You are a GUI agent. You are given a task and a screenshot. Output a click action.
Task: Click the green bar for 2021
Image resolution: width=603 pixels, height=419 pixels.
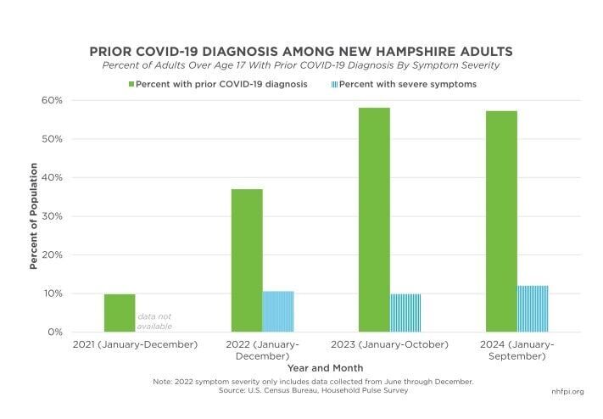pyautogui.click(x=120, y=313)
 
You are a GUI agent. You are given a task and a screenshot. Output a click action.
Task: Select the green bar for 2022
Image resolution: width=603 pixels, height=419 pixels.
pyautogui.click(x=246, y=260)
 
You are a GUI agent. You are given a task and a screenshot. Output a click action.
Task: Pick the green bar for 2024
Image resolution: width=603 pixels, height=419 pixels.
pyautogui.click(x=501, y=221)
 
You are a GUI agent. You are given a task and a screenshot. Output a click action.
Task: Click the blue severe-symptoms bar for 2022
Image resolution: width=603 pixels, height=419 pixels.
pyautogui.click(x=278, y=311)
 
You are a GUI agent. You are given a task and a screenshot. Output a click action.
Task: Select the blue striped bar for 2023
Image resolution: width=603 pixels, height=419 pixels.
pyautogui.click(x=405, y=313)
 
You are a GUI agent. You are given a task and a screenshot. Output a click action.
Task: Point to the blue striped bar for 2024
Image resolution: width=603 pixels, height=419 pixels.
pyautogui.click(x=533, y=309)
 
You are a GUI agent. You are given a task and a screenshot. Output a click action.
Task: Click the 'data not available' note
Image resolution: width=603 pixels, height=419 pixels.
pyautogui.click(x=155, y=321)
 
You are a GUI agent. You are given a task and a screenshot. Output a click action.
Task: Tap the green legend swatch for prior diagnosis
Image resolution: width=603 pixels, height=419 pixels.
pyautogui.click(x=131, y=84)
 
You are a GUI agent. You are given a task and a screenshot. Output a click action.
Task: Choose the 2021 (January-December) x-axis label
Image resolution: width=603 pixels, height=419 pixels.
pyautogui.click(x=135, y=344)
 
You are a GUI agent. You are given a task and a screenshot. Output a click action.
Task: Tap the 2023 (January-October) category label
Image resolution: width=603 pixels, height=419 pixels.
pyautogui.click(x=389, y=344)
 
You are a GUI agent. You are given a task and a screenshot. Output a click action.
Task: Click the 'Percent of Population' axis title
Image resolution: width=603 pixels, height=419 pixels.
pyautogui.click(x=35, y=216)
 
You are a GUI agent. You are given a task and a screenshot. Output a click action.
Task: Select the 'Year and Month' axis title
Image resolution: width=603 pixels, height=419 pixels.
pyautogui.click(x=326, y=368)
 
